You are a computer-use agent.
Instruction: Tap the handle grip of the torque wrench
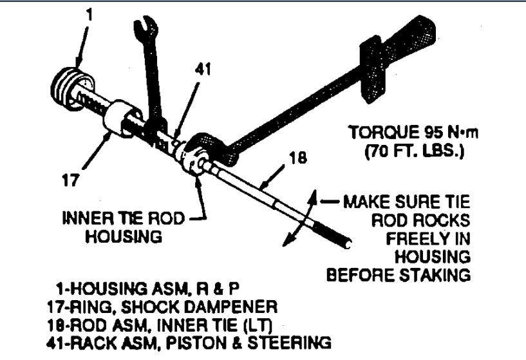pyautogui.click(x=418, y=39)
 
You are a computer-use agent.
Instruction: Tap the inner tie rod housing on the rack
pyautogui.click(x=193, y=160)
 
